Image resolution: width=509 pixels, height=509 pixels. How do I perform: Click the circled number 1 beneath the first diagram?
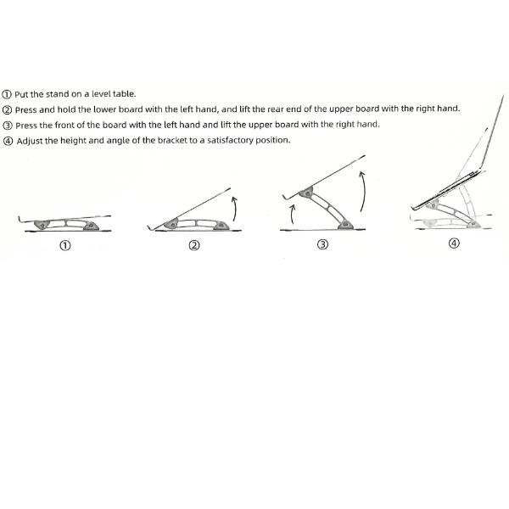pos(65,245)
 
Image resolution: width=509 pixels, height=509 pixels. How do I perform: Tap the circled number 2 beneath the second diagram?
pos(194,245)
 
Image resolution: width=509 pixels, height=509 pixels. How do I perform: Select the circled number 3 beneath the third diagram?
pos(322,244)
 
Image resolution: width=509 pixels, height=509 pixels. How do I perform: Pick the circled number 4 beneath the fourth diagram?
pos(454,243)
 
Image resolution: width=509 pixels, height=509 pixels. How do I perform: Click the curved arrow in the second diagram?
pos(234,209)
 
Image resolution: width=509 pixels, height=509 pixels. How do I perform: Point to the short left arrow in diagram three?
pos(293,215)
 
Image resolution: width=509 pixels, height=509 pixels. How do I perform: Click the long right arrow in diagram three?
pos(364,192)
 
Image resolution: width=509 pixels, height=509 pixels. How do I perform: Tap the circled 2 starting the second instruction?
pos(7,110)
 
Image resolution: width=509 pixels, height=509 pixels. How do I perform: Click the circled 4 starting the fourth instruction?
pos(8,141)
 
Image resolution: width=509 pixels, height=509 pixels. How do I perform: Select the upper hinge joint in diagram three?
pos(305,193)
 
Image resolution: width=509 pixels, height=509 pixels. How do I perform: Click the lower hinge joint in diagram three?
pos(344,224)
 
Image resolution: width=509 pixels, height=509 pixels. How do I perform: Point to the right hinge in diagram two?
pos(221,226)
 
